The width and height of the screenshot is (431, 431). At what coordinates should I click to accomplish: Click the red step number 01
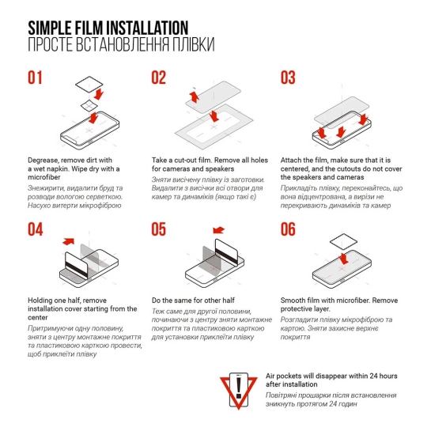point(35,78)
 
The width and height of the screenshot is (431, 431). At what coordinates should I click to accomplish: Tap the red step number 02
point(159,78)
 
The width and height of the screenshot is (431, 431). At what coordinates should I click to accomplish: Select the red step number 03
point(288,78)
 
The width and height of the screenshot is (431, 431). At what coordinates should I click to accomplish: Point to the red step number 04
point(35,229)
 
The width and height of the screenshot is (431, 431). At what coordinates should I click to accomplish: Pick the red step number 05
point(159,229)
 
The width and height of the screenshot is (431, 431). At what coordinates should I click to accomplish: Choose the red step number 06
point(288,229)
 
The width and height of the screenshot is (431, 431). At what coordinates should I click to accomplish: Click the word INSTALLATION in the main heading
point(147,28)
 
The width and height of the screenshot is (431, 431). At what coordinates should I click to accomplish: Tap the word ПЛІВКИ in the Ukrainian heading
point(194,44)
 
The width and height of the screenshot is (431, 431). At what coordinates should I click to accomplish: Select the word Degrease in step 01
point(43,161)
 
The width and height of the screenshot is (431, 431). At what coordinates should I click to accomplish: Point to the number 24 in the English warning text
point(373,376)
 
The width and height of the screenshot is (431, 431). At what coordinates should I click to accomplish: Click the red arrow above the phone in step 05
point(218,230)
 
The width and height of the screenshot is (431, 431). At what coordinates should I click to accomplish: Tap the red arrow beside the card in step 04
point(69,241)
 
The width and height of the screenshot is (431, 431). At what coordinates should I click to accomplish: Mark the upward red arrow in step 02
point(195,97)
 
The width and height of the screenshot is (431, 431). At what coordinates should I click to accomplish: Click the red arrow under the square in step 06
point(343,259)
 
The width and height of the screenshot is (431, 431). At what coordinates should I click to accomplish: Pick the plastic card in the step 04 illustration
point(76,266)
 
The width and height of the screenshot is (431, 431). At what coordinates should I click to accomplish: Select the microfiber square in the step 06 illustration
point(343,242)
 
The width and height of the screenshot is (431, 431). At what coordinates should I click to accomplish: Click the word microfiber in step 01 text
point(44,177)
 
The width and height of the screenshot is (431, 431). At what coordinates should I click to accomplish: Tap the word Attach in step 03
point(290,161)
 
